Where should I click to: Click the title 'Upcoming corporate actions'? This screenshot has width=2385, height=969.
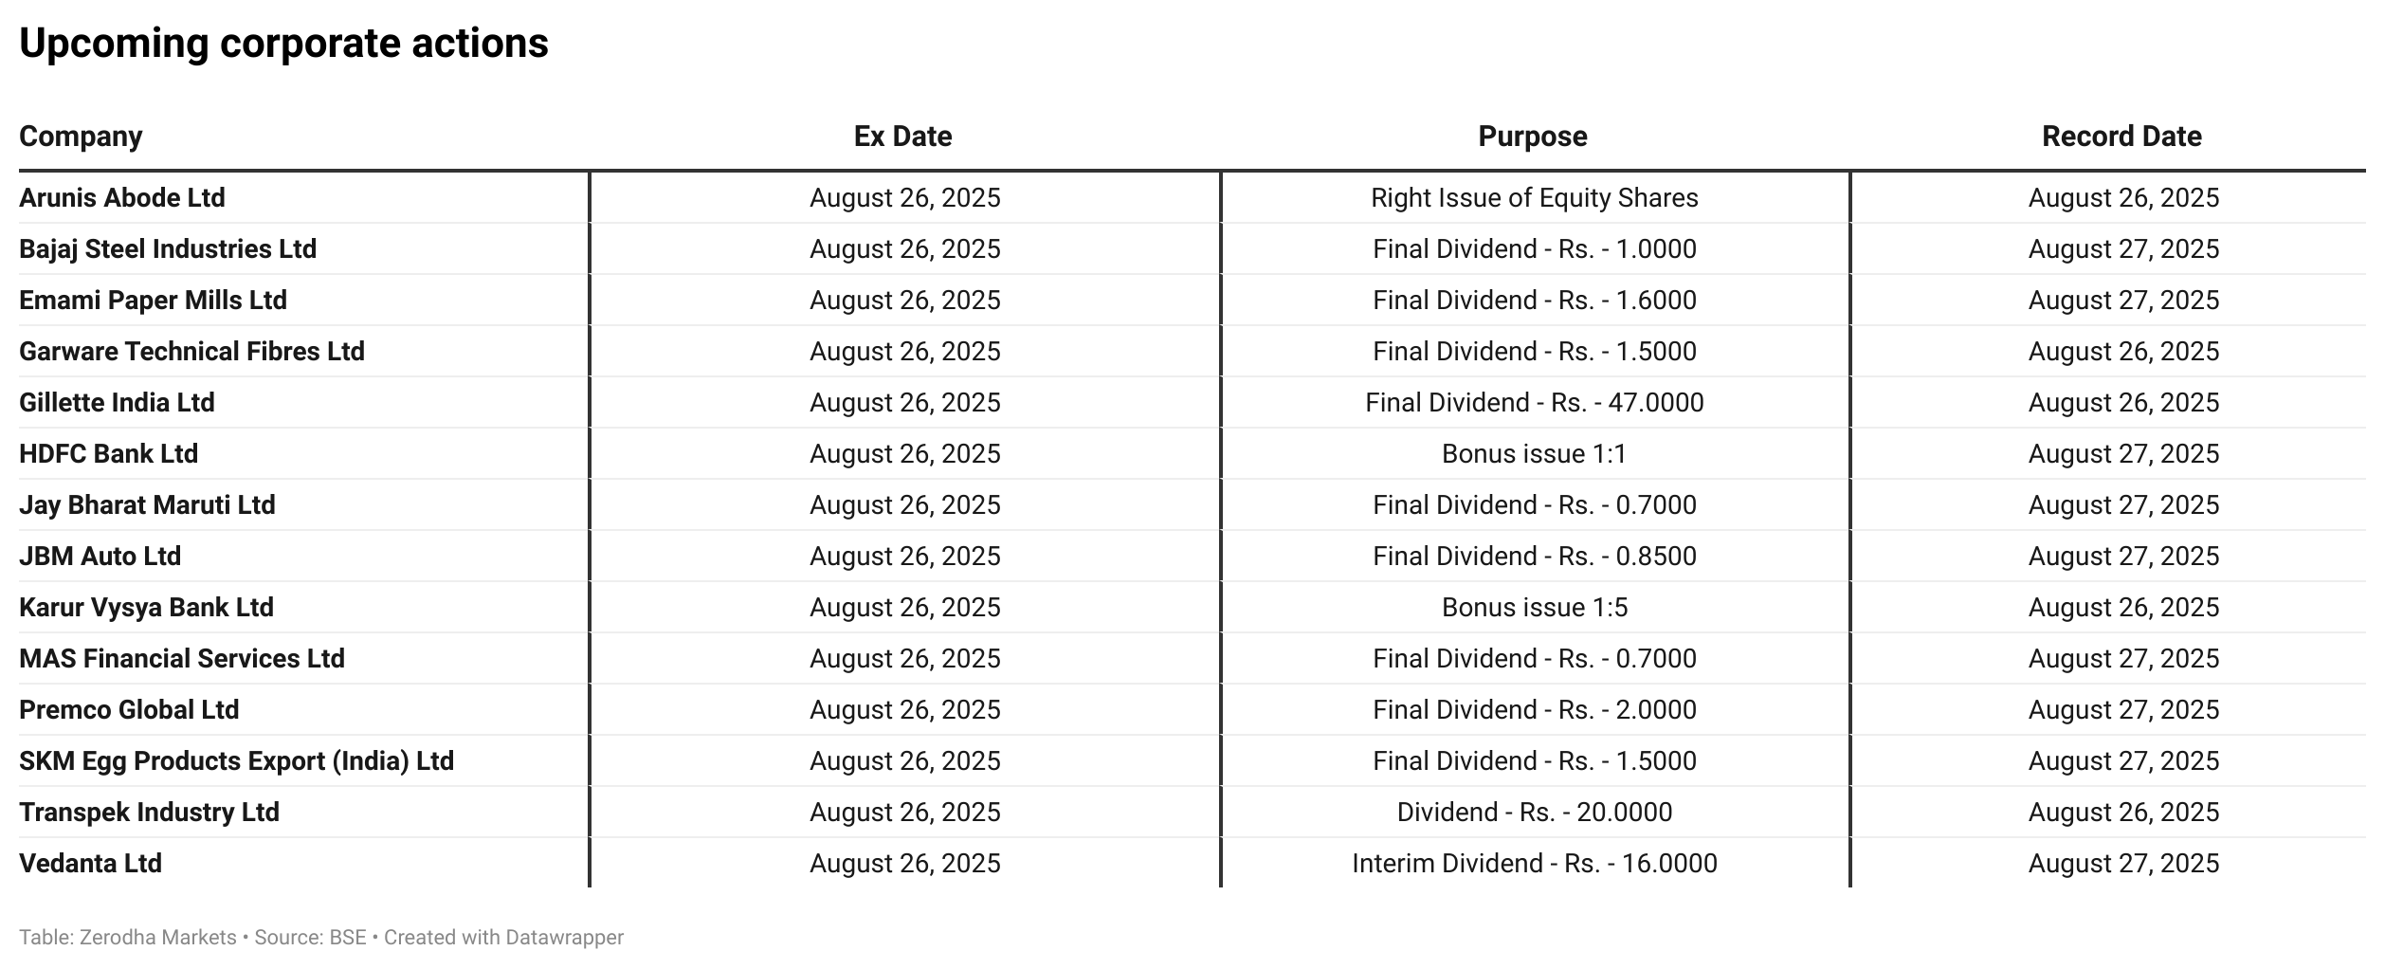pyautogui.click(x=283, y=44)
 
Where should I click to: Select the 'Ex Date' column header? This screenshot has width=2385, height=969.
pyautogui.click(x=902, y=137)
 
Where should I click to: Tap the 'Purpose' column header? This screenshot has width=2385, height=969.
pyautogui.click(x=1533, y=137)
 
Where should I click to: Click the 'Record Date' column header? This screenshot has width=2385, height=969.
pyautogui.click(x=2121, y=137)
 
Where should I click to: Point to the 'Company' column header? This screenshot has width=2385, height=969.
pyautogui.click(x=81, y=137)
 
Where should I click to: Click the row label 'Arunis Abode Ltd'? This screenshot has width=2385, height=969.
pyautogui.click(x=122, y=198)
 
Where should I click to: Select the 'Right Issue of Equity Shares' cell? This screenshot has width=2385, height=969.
pyautogui.click(x=1534, y=198)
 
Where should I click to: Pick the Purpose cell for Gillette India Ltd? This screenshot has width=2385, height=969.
pyautogui.click(x=1534, y=403)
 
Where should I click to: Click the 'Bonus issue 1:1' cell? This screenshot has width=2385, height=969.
pyautogui.click(x=1534, y=454)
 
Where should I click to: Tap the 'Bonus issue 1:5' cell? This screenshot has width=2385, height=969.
pyautogui.click(x=1534, y=608)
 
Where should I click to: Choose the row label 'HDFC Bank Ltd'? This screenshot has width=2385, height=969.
pyautogui.click(x=109, y=454)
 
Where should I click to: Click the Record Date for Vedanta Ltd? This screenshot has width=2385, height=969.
pyautogui.click(x=2123, y=864)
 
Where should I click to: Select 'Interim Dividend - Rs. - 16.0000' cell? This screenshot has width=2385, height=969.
pyautogui.click(x=1534, y=864)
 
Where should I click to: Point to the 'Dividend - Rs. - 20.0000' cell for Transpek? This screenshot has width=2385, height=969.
pyautogui.click(x=1534, y=813)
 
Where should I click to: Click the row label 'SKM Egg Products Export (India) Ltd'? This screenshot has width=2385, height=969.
pyautogui.click(x=237, y=761)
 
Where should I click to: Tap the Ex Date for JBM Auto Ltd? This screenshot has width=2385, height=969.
pyautogui.click(x=904, y=557)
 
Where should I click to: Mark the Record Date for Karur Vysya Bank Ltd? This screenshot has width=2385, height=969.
pyautogui.click(x=2123, y=608)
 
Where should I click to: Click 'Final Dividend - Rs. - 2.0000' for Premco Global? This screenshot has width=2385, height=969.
pyautogui.click(x=1534, y=710)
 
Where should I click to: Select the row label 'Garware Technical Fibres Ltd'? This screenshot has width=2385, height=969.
pyautogui.click(x=191, y=352)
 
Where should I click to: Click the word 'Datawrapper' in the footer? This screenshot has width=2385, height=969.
pyautogui.click(x=564, y=938)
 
